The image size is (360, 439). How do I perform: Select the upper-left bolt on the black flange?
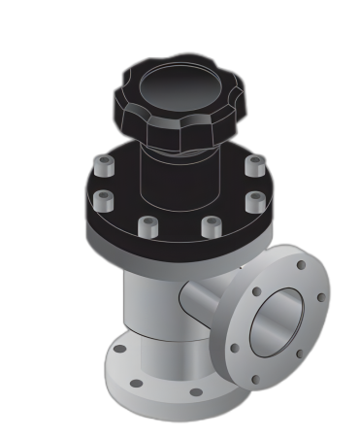tap(105, 166)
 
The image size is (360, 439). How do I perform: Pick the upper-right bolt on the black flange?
tap(254, 165)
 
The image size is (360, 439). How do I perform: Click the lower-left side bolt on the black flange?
tap(104, 201)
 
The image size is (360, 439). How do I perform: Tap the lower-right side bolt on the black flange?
tap(255, 201)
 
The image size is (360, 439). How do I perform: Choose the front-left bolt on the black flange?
tap(148, 226)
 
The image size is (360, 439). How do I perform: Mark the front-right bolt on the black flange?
tap(212, 226)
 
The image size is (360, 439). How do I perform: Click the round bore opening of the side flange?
tap(278, 323)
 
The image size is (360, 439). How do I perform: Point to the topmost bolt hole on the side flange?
tap(301, 264)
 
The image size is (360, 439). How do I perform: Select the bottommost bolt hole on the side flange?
tap(255, 380)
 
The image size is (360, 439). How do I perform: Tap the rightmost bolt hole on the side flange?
tap(321, 297)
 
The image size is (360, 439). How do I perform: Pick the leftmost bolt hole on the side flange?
tap(235, 348)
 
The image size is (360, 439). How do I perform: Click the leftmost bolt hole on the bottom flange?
tap(119, 349)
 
